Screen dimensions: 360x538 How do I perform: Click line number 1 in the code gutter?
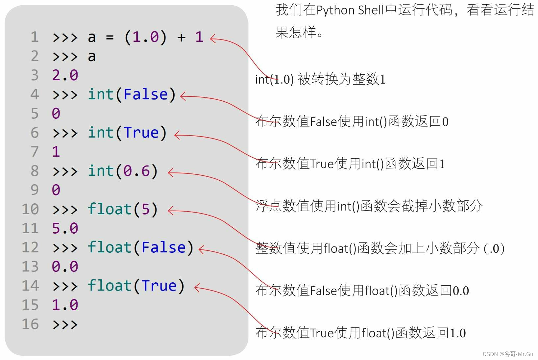pyautogui.click(x=35, y=37)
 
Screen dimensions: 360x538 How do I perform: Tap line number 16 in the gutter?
pyautogui.click(x=30, y=324)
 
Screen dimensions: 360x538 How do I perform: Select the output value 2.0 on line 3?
pyautogui.click(x=65, y=75)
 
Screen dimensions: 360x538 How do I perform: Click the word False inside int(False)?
pyautogui.click(x=146, y=94)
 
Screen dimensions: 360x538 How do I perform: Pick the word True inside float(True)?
pyautogui.click(x=159, y=286)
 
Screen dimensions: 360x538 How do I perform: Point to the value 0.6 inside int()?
pyautogui.click(x=136, y=171)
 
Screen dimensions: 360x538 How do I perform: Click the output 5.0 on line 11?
pyautogui.click(x=65, y=228)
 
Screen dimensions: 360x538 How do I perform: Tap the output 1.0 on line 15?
pyautogui.click(x=65, y=305)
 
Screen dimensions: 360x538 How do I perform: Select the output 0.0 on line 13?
pyautogui.click(x=65, y=267)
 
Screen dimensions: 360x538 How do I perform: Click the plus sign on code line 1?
pyautogui.click(x=181, y=37)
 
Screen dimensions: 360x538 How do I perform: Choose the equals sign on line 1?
pyautogui.click(x=110, y=37)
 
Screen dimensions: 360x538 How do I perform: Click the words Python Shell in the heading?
pyautogui.click(x=350, y=11)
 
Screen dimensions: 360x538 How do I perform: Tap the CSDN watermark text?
pyautogui.click(x=508, y=354)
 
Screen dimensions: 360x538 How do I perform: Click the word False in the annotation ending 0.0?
pyautogui.click(x=324, y=291)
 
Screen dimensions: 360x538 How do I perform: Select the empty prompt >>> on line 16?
pyautogui.click(x=65, y=324)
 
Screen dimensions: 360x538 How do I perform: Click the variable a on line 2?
pyautogui.click(x=92, y=57)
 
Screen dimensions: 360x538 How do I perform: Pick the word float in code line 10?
pyautogui.click(x=110, y=209)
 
